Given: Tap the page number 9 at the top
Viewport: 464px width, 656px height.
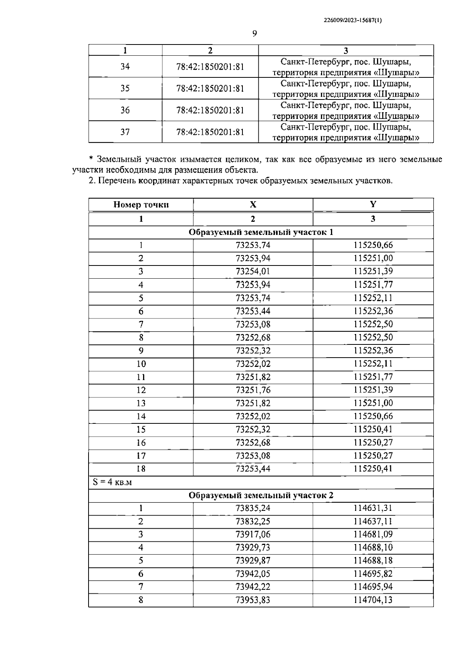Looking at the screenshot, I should coord(254,34).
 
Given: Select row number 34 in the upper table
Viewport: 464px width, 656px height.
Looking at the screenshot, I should coord(125,67).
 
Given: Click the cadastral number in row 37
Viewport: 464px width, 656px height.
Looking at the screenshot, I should coord(210,132).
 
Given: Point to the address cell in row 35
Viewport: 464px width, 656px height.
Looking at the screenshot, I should coord(346,89).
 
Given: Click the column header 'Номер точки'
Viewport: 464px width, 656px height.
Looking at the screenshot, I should coord(141,205).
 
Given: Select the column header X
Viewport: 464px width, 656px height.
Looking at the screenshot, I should coord(253,205).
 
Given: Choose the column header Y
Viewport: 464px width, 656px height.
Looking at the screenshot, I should coord(373,204).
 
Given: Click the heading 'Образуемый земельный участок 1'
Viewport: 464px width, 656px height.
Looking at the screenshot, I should coord(261,232).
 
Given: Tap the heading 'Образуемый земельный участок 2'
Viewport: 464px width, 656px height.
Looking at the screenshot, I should coord(261,495).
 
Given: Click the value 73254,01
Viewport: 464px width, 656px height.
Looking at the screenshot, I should coord(253,271).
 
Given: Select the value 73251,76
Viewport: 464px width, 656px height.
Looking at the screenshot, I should coord(253,390).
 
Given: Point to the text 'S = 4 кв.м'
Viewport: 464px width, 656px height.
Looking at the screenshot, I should coord(112,482).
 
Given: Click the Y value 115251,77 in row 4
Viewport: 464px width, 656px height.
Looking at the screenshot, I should coord(373,285).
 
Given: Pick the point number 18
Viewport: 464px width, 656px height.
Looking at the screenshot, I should coord(141,469).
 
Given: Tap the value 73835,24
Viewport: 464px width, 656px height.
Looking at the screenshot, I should coord(253,508).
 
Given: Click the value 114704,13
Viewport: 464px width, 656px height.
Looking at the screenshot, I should coord(373,600).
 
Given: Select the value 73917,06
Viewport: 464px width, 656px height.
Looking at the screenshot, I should coord(253,534).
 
